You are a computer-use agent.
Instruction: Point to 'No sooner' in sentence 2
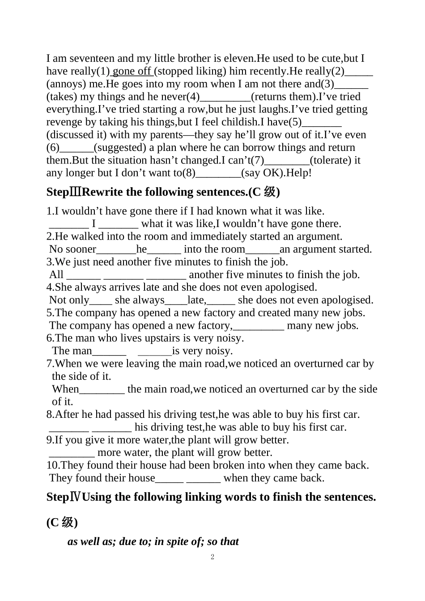[72, 249]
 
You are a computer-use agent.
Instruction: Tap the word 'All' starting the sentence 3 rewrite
[56, 275]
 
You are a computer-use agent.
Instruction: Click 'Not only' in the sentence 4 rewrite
[69, 300]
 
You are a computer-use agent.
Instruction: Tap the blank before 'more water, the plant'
[71, 453]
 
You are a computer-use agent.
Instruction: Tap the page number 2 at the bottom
[212, 557]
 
